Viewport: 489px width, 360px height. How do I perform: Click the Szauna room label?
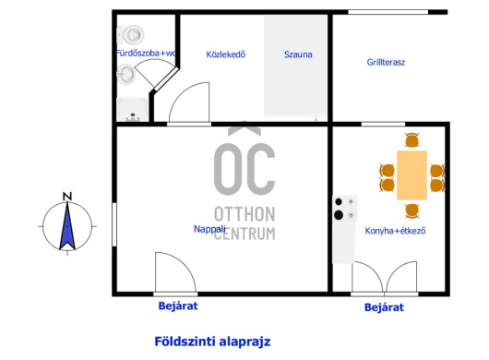pyautogui.click(x=298, y=54)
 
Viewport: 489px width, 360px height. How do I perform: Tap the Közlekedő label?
pyautogui.click(x=226, y=54)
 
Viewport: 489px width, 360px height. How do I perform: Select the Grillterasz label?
pyautogui.click(x=386, y=62)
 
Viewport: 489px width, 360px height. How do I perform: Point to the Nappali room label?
pyautogui.click(x=209, y=229)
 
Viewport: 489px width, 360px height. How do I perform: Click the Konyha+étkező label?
pyautogui.click(x=395, y=231)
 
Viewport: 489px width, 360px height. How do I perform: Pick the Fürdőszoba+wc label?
pyautogui.click(x=146, y=53)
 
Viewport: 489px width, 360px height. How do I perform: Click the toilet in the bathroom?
pyautogui.click(x=131, y=34)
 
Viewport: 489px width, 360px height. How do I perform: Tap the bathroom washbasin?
pyautogui.click(x=126, y=74)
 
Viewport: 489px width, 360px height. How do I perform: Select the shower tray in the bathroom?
pyautogui.click(x=132, y=110)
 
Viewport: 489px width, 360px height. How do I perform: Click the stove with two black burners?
pyautogui.click(x=345, y=209)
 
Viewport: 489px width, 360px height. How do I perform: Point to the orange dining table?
pyautogui.click(x=411, y=175)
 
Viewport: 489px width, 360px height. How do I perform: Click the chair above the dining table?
pyautogui.click(x=412, y=140)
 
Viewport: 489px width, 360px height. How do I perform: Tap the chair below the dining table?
pyautogui.click(x=412, y=210)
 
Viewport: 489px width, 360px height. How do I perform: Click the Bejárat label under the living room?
pyautogui.click(x=178, y=306)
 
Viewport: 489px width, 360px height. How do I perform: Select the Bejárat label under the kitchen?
pyautogui.click(x=384, y=307)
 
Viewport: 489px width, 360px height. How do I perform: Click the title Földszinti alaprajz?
pyautogui.click(x=212, y=342)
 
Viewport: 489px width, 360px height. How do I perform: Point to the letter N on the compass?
pyautogui.click(x=67, y=197)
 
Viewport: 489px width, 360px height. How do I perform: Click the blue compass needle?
pyautogui.click(x=67, y=226)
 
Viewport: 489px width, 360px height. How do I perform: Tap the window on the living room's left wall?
pyautogui.click(x=114, y=224)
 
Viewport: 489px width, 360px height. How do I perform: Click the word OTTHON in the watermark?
pyautogui.click(x=244, y=214)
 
